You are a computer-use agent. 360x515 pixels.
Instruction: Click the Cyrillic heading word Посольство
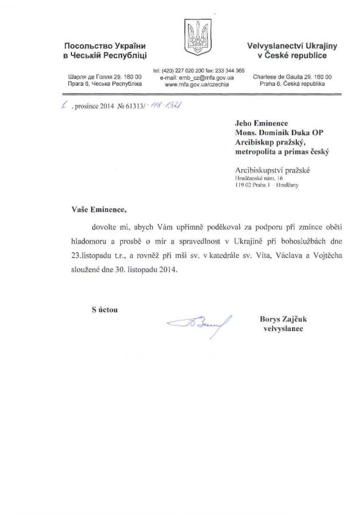click(87, 46)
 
